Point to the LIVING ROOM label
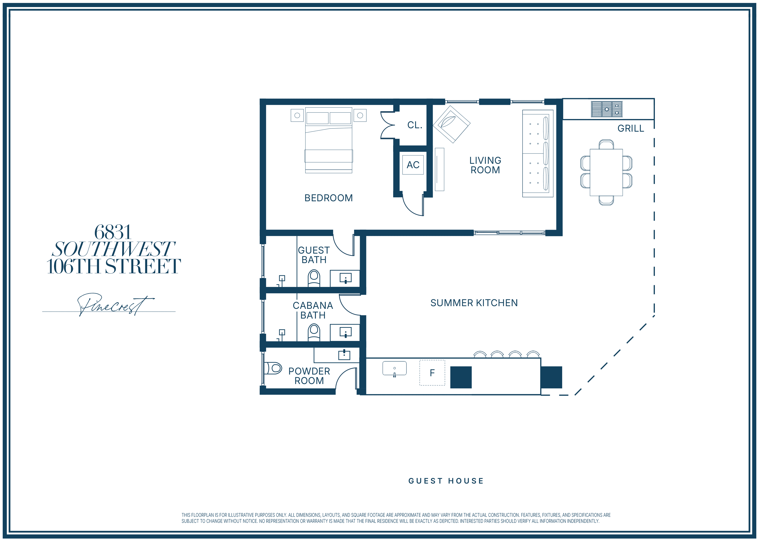[x=485, y=165]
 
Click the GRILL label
[x=631, y=128]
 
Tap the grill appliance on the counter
[x=606, y=109]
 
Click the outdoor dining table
[x=606, y=172]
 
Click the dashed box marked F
[x=432, y=372]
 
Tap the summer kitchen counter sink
[x=395, y=368]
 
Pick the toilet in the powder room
[x=273, y=368]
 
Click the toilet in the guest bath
[x=314, y=278]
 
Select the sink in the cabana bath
[x=345, y=332]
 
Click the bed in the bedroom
[x=329, y=140]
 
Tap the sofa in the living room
[x=538, y=153]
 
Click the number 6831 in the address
[x=113, y=232]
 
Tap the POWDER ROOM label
[x=309, y=376]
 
